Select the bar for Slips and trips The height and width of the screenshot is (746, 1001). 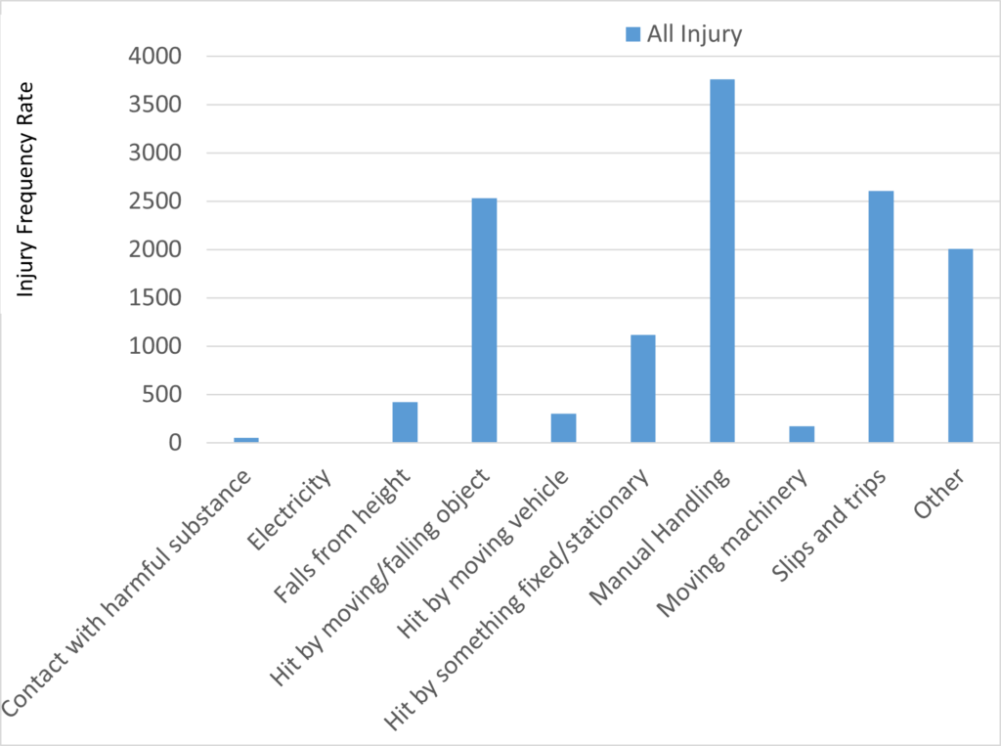(x=881, y=317)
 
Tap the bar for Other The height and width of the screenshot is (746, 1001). (x=960, y=346)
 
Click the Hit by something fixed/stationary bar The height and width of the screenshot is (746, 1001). (x=642, y=389)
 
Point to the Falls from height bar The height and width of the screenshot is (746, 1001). (x=405, y=422)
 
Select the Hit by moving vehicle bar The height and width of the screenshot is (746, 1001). (x=563, y=428)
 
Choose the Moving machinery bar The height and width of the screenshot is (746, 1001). (x=802, y=434)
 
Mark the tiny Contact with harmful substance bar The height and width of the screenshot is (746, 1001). (x=246, y=440)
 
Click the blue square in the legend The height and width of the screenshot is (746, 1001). (x=632, y=35)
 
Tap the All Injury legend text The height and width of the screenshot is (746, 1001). (x=694, y=35)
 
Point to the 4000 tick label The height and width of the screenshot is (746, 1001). (x=154, y=57)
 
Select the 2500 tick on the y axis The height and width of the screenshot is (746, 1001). (x=154, y=201)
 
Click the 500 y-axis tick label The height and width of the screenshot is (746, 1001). (x=161, y=395)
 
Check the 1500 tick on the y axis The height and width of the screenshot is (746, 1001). (x=154, y=298)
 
